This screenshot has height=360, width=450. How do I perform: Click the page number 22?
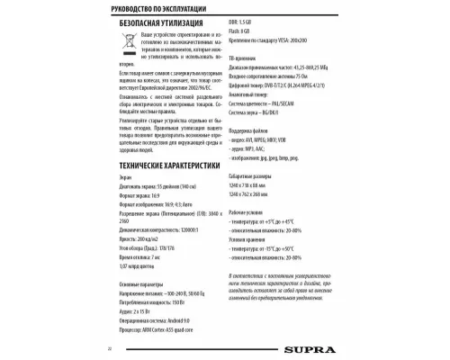pyautogui.click(x=109, y=347)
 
